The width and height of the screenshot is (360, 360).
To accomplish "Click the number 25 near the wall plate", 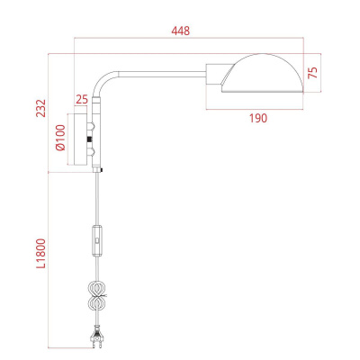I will point(82,98).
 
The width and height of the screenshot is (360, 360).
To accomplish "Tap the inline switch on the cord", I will point(97,242).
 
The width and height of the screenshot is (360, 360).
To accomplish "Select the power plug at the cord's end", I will point(97,338).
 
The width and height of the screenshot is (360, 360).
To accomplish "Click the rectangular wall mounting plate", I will point(90,139).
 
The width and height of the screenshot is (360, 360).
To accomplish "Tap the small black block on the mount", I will point(90,140).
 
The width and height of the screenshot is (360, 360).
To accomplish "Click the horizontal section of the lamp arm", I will point(162,70).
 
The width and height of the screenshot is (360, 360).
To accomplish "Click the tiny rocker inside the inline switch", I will point(97,243).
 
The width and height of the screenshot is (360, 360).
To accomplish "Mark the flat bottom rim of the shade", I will point(261,92).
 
